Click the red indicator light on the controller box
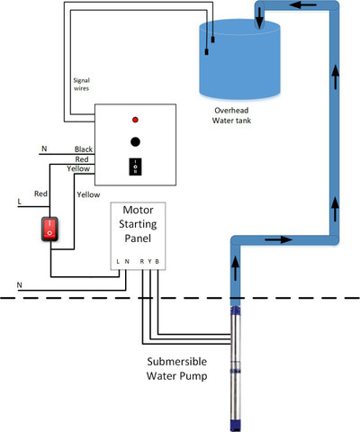[x=135, y=120]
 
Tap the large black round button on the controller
[x=135, y=141]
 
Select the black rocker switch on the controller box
[x=135, y=166]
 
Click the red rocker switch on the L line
[x=49, y=229]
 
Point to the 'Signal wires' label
[x=81, y=85]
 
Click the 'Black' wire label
[x=84, y=149]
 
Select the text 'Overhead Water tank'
[x=231, y=115]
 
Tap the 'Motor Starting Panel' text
[x=138, y=224]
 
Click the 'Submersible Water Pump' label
[x=177, y=369]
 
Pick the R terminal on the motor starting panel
[x=142, y=262]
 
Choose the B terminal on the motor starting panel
[x=157, y=262]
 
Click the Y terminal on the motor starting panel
[x=149, y=262]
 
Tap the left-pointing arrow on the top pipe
[x=303, y=4]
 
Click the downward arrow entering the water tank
[x=259, y=18]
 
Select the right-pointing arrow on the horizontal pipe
[x=279, y=239]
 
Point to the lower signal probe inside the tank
[x=207, y=51]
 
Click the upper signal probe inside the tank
[x=213, y=40]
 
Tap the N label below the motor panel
[x=20, y=285]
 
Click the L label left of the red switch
[x=20, y=202]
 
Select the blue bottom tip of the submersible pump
[x=236, y=426]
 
